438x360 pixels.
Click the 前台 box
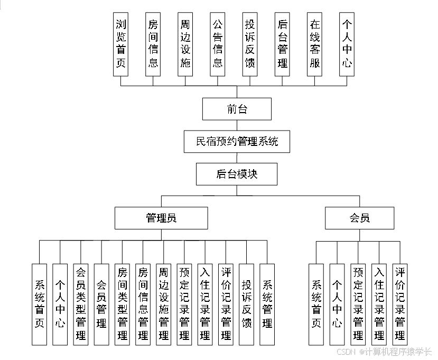[237, 109]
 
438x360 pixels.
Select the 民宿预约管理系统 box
[237, 142]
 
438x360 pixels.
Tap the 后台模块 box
[237, 174]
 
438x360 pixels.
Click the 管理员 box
[161, 218]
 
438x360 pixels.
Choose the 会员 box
[359, 218]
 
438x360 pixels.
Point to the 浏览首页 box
[121, 44]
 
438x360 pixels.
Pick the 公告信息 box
[217, 44]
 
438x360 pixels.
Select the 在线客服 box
[314, 44]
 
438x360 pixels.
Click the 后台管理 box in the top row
[282, 44]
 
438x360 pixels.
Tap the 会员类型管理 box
[81, 304]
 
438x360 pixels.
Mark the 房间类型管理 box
[122, 304]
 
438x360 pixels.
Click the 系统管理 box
[267, 304]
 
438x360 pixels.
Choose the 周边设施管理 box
[164, 304]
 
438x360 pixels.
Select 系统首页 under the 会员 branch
[316, 304]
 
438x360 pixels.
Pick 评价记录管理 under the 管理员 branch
[226, 304]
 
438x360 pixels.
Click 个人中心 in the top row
[347, 44]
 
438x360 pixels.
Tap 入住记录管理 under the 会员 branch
[379, 304]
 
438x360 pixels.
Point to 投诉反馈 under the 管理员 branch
[246, 304]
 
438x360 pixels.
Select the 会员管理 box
[101, 304]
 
